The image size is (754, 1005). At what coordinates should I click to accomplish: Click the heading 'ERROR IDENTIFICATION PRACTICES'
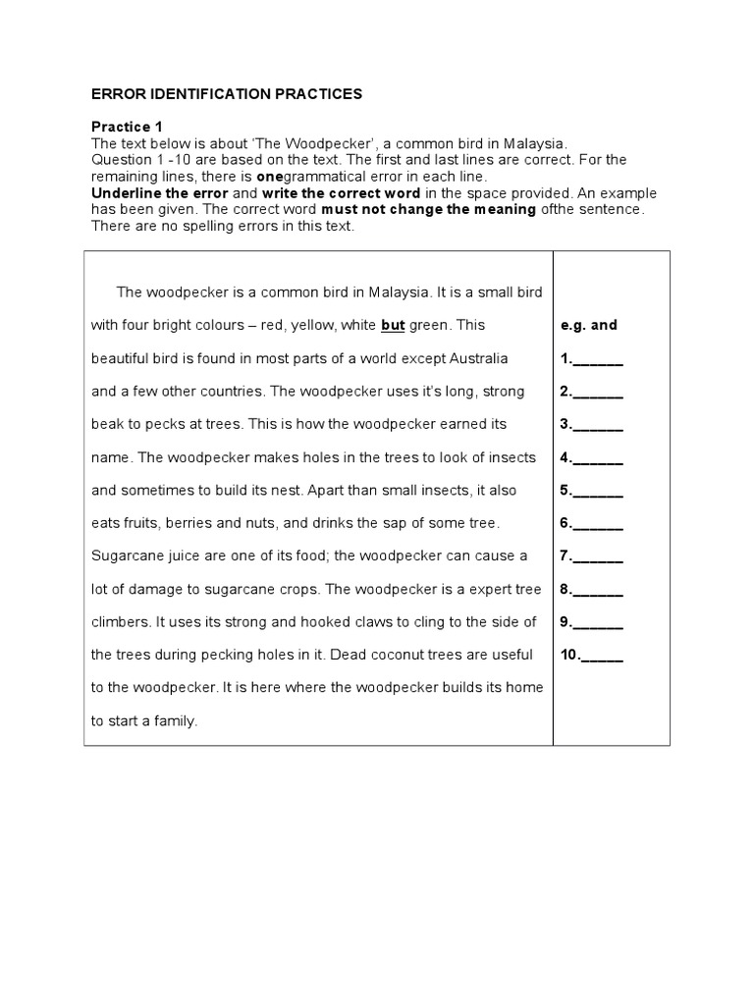pos(227,94)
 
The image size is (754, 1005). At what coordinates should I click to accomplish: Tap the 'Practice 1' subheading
pos(128,127)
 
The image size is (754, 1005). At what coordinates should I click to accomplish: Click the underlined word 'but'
pos(393,325)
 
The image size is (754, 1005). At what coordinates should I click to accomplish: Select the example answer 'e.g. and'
pos(589,325)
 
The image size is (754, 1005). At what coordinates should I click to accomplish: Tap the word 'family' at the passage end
pos(174,720)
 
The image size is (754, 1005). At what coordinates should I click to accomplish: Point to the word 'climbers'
pos(122,621)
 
